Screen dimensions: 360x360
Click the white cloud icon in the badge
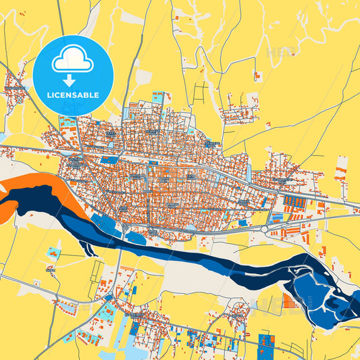tap(72, 61)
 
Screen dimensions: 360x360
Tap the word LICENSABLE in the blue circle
tap(72, 95)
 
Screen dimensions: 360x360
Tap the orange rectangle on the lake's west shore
tap(289, 301)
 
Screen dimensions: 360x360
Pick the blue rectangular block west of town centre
tap(108, 161)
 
